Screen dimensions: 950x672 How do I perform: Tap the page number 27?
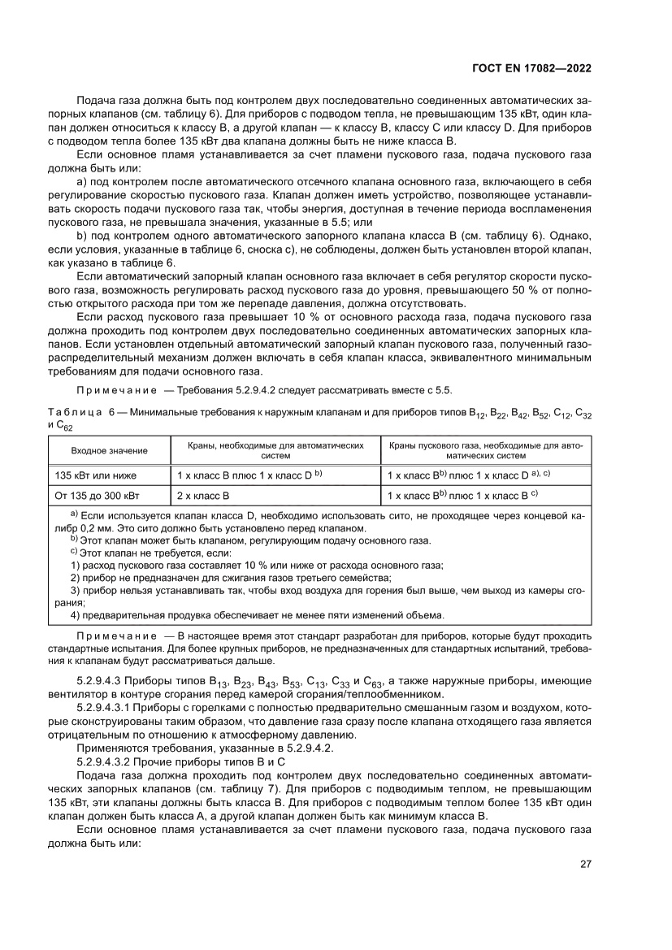click(586, 864)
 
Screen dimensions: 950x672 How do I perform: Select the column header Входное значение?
click(109, 450)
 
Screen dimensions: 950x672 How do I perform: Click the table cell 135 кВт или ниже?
click(96, 474)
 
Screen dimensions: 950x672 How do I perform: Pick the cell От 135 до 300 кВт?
click(97, 494)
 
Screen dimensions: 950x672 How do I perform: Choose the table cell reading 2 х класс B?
click(203, 494)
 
